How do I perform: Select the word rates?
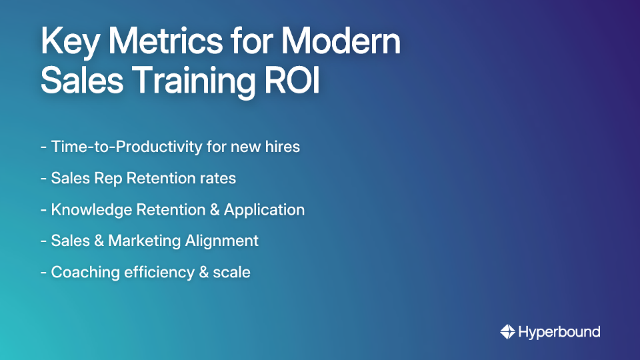pos(219,178)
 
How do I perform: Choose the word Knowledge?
pos(91,209)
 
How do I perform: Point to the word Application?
pos(264,209)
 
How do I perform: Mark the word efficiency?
pos(155,272)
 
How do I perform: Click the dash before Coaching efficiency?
pos(43,273)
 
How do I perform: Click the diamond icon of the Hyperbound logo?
pos(507,331)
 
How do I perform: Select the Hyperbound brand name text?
pos(559,331)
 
